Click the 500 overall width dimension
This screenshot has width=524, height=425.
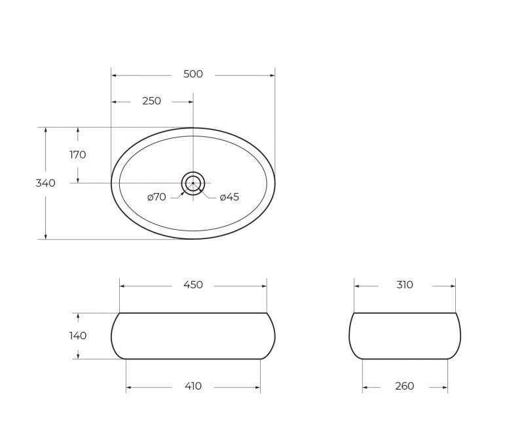[193, 74]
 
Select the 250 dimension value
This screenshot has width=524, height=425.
[152, 101]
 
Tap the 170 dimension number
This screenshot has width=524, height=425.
[78, 155]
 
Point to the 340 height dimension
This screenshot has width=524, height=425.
[45, 183]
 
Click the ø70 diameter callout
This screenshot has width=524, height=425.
[157, 197]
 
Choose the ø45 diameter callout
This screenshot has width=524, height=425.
[230, 197]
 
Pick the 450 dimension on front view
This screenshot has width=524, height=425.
[193, 285]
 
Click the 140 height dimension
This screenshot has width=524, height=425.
[78, 335]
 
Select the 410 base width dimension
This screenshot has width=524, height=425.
[193, 386]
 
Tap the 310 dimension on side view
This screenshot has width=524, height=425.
[405, 285]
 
